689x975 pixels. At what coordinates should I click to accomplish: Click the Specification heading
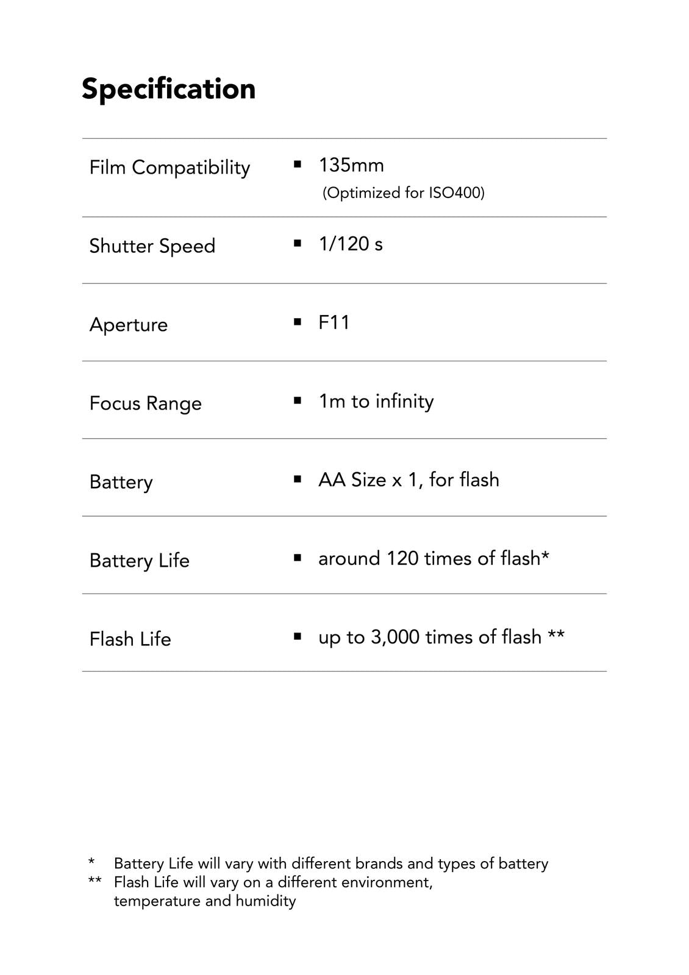pyautogui.click(x=168, y=89)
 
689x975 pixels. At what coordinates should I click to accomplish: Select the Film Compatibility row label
pyautogui.click(x=170, y=168)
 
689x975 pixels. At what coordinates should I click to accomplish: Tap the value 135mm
pyautogui.click(x=351, y=166)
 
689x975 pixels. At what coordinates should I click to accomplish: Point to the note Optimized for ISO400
pyautogui.click(x=403, y=193)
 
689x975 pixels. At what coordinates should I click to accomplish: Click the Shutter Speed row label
pyautogui.click(x=152, y=246)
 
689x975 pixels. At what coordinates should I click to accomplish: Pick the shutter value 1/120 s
pyautogui.click(x=351, y=244)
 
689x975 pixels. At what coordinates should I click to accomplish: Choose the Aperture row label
pyautogui.click(x=128, y=325)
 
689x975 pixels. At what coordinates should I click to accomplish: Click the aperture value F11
pyautogui.click(x=334, y=322)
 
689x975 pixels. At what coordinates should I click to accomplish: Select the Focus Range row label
pyautogui.click(x=145, y=403)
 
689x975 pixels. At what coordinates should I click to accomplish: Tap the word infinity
pyautogui.click(x=404, y=401)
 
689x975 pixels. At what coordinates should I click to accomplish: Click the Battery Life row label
pyautogui.click(x=139, y=561)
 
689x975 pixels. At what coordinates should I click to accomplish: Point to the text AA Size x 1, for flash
pyautogui.click(x=409, y=480)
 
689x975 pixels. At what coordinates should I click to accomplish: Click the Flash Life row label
pyautogui.click(x=130, y=639)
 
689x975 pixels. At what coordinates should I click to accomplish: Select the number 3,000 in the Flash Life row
pyautogui.click(x=395, y=637)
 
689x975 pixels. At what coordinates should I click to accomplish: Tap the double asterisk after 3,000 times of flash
pyautogui.click(x=556, y=635)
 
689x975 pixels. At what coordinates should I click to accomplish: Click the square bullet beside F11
pyautogui.click(x=298, y=322)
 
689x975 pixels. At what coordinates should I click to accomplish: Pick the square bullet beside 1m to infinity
pyautogui.click(x=298, y=400)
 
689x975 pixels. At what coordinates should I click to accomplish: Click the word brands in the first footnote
pyautogui.click(x=379, y=864)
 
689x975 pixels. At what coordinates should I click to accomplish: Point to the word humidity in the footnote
pyautogui.click(x=266, y=901)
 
